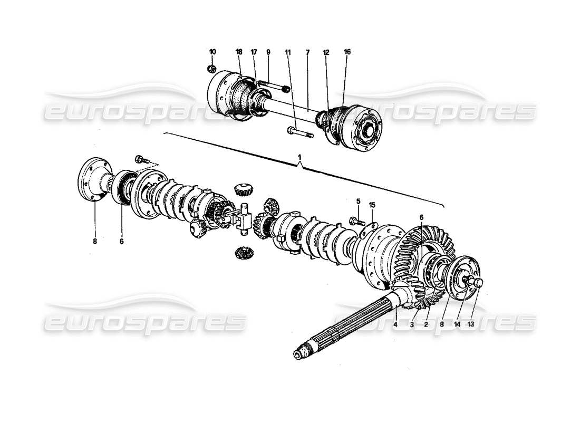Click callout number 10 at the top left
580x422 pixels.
(x=212, y=52)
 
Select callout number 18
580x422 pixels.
(x=239, y=52)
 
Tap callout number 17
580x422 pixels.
(x=254, y=52)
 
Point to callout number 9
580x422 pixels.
(x=268, y=52)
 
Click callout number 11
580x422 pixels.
(x=288, y=52)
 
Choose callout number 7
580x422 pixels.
(x=307, y=52)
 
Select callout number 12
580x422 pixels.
(x=326, y=52)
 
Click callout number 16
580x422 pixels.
(x=347, y=52)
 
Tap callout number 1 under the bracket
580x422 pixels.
(x=300, y=158)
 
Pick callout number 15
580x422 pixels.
(x=372, y=205)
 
